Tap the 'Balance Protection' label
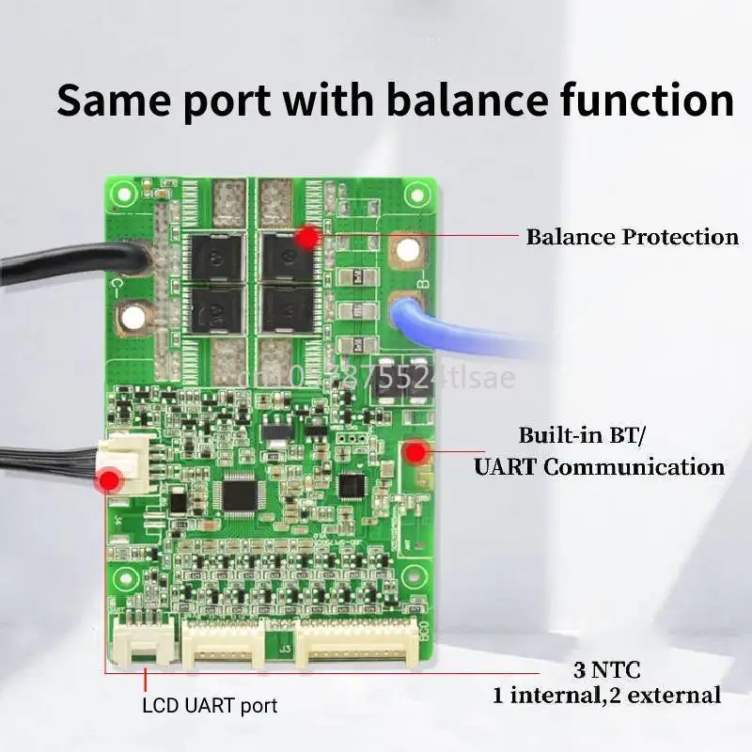point(632,237)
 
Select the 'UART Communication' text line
point(600,466)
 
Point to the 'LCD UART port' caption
point(210,705)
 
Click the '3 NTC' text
point(607,671)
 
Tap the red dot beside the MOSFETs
point(305,238)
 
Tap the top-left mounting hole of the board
point(122,195)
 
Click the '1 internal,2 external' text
point(607,696)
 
